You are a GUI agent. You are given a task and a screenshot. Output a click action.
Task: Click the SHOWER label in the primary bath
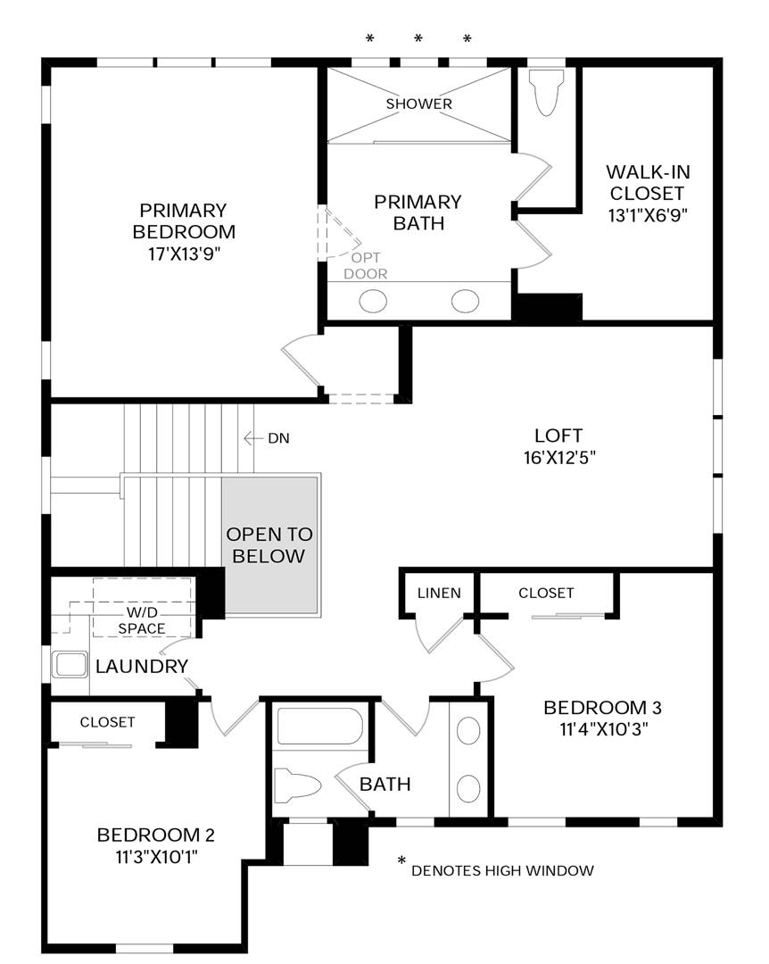pos(418,104)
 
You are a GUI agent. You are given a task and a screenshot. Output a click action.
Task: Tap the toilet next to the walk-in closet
pos(546,92)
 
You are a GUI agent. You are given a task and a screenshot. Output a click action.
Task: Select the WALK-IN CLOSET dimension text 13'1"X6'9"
pos(648,215)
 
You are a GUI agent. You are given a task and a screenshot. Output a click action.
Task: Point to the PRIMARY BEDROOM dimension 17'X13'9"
pos(184,253)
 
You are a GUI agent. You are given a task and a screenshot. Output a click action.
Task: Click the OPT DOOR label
pos(366,266)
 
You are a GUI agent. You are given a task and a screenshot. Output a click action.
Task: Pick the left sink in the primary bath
pos(373,302)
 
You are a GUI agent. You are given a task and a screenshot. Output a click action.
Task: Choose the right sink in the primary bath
pos(465,302)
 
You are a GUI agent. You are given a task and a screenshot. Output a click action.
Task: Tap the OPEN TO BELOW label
pos(269,545)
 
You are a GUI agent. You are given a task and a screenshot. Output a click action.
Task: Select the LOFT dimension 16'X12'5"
pos(559,458)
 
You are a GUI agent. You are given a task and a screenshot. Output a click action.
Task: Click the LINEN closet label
pos(439,594)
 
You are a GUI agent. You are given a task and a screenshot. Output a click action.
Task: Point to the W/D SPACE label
pos(142,620)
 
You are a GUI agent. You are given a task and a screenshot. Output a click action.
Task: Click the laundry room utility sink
pos(71,665)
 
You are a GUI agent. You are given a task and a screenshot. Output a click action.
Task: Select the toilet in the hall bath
pos(297,785)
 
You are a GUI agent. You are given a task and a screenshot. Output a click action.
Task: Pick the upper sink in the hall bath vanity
pos(468,731)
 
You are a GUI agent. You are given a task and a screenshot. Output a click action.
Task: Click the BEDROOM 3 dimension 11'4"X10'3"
pos(604,729)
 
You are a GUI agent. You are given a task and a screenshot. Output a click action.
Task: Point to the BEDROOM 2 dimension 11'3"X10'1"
pos(157,856)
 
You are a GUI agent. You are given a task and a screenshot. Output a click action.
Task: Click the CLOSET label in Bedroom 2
pos(108,722)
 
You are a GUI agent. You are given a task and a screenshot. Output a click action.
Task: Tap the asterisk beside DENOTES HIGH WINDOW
pos(402,860)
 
